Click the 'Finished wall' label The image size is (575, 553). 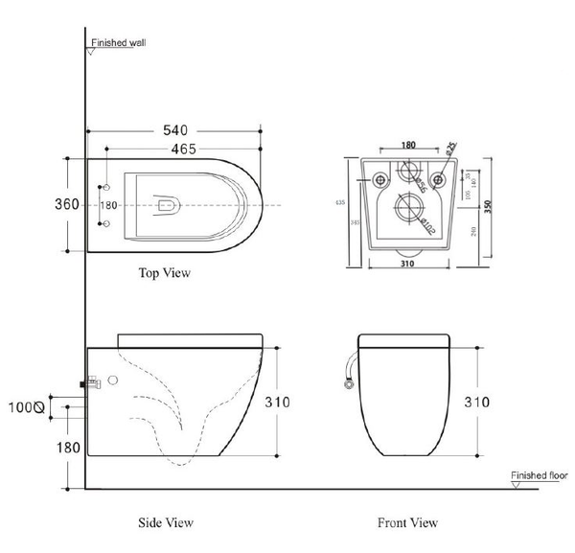point(118,43)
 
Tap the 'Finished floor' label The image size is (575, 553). point(540,475)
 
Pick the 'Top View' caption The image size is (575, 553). point(165,273)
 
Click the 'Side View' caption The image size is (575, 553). point(167,522)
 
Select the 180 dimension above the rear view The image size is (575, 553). point(409,146)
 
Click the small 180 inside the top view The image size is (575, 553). point(108,205)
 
